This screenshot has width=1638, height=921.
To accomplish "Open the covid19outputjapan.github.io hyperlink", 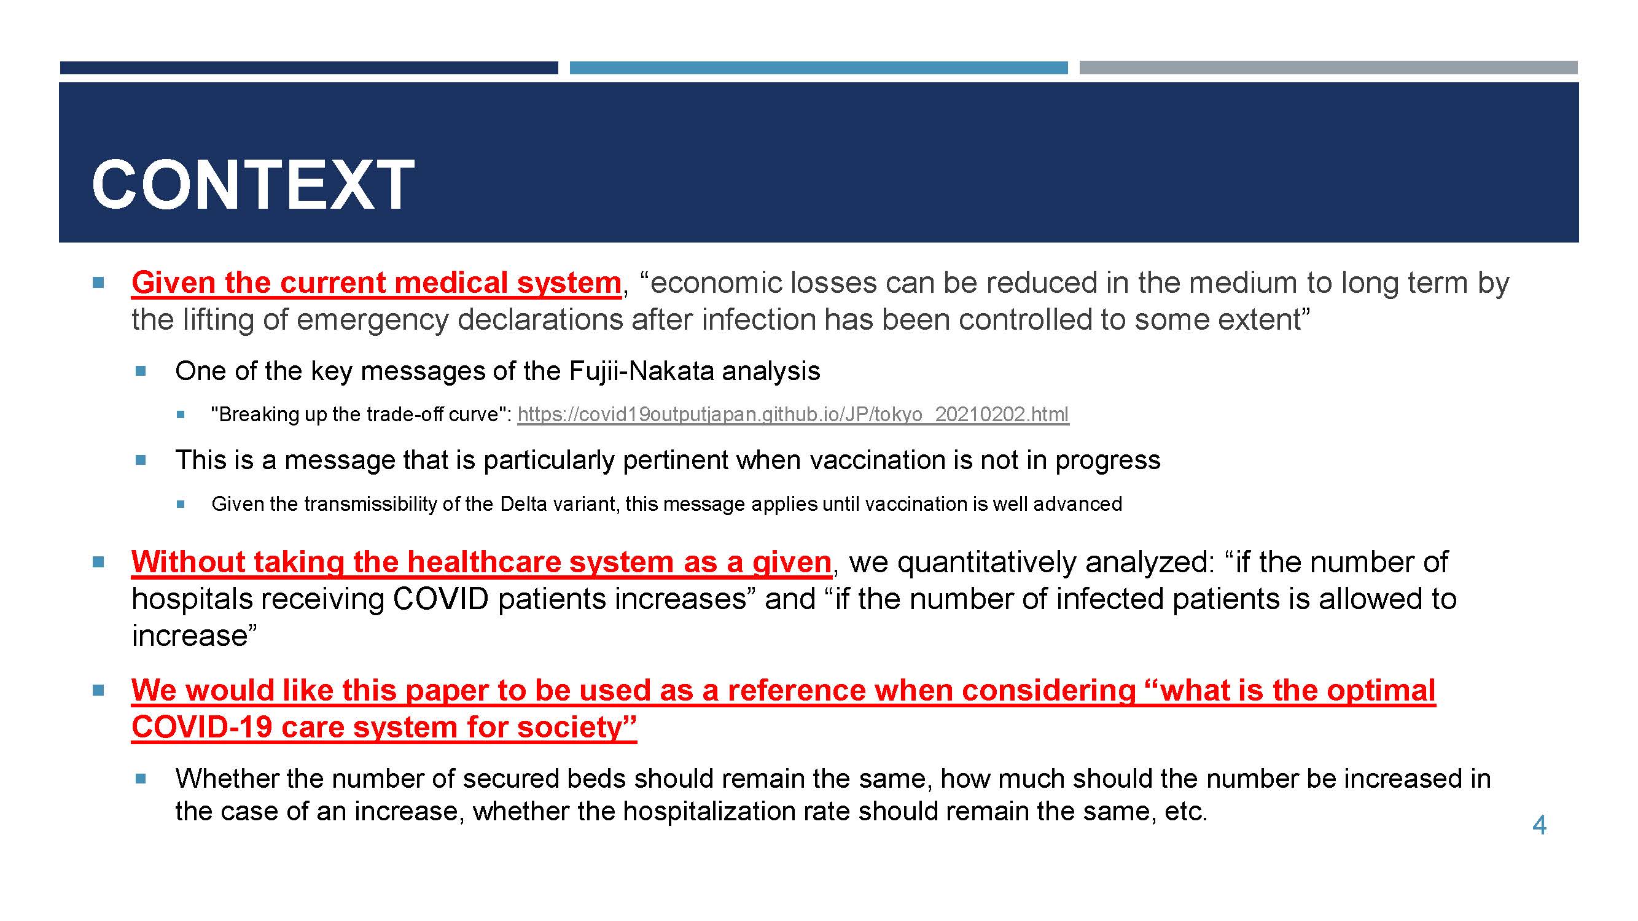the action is click(793, 414).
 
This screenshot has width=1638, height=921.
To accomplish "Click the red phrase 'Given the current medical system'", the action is click(376, 283).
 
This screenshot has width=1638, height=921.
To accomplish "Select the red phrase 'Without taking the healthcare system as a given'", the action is click(482, 562).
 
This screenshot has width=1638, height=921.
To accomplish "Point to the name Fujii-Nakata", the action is click(642, 371).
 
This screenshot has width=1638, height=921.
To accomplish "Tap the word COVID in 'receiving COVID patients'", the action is click(440, 599).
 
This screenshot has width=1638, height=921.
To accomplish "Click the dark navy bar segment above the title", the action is click(309, 68).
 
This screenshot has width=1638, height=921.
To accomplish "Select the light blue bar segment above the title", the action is click(818, 68).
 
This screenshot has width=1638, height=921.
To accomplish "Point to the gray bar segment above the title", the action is click(1328, 68).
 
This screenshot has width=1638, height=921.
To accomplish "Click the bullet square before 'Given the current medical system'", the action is click(98, 282).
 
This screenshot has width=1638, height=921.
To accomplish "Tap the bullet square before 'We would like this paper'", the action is click(98, 690).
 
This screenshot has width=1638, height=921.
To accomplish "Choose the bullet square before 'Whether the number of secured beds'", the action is click(141, 778).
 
